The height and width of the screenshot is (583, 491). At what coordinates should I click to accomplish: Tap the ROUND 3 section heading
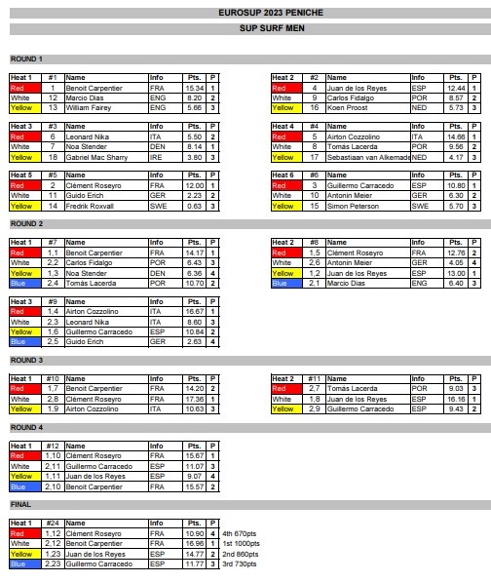pyautogui.click(x=26, y=361)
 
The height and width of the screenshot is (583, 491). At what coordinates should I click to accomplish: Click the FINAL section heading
pyautogui.click(x=19, y=504)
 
